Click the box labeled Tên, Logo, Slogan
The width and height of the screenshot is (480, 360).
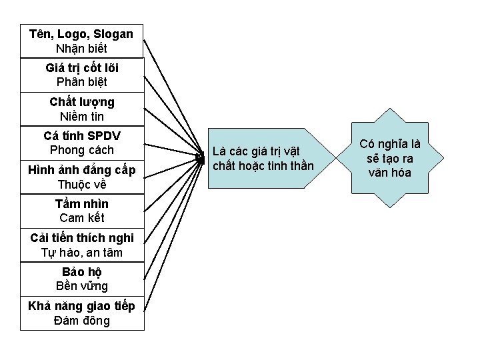[x=81, y=41]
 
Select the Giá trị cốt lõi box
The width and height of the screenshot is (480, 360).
[x=81, y=75]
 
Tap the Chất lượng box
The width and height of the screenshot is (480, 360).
[x=81, y=109]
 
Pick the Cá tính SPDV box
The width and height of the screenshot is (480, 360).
[x=81, y=143]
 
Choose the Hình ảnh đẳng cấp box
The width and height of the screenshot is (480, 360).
[x=81, y=177]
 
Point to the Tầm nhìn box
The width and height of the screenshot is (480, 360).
[x=81, y=211]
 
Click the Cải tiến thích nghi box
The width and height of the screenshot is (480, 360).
[x=81, y=245]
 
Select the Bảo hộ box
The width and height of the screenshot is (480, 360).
[x=81, y=279]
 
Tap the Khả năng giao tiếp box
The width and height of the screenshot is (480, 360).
[x=81, y=313]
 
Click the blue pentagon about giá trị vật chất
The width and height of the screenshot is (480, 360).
[x=263, y=158]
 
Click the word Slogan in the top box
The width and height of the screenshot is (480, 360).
[x=113, y=34]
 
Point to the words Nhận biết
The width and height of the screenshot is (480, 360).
[x=81, y=49]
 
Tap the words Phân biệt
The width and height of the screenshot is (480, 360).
[x=81, y=83]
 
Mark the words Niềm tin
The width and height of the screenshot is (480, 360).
[x=81, y=117]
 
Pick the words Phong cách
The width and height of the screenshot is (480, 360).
[x=81, y=151]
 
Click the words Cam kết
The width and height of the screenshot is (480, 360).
[x=81, y=218]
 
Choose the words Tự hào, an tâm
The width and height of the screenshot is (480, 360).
[x=81, y=253]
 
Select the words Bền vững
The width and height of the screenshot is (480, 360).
[x=81, y=286]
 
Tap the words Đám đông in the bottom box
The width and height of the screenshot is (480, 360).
[x=81, y=321]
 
